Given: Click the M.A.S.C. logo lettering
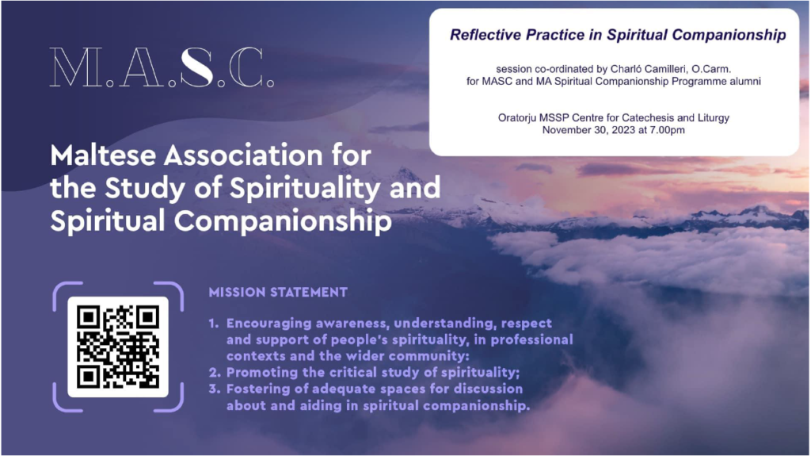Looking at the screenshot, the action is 162,67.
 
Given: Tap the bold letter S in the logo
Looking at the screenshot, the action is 197,67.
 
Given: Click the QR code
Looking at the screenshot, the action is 118,347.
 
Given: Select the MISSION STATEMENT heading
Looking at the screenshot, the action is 278,293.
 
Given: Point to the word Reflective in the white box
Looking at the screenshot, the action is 485,35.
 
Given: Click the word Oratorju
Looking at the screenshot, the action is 517,118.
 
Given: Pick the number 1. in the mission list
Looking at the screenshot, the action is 214,324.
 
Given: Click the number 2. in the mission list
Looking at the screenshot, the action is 215,373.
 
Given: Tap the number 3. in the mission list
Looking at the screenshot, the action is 215,389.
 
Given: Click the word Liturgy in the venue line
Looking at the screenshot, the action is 713,118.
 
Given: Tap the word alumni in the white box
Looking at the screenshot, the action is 745,82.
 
